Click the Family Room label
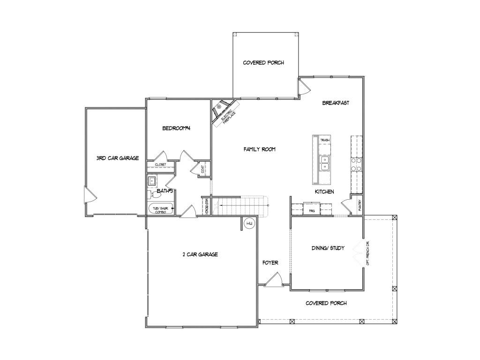[x=259, y=149]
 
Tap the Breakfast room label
[x=336, y=103]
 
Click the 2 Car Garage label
[x=200, y=255]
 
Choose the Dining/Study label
[x=328, y=248]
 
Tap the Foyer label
[x=270, y=262]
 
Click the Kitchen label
[x=324, y=192]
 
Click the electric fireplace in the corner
[x=222, y=112]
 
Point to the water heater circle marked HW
[x=249, y=224]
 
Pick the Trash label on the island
[x=324, y=140]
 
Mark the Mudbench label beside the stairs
[x=206, y=206]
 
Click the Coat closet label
[x=202, y=170]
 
